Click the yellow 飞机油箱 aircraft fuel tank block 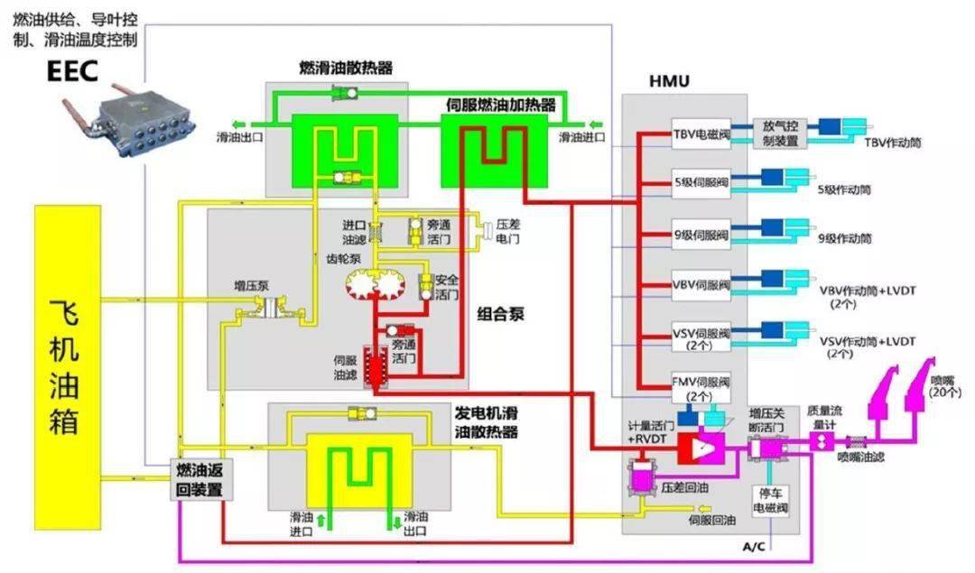pyautogui.click(x=68, y=365)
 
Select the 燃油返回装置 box pyautogui.click(x=197, y=478)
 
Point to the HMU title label pyautogui.click(x=669, y=82)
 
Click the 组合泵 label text pyautogui.click(x=500, y=315)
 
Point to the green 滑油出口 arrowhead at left pyautogui.click(x=236, y=125)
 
